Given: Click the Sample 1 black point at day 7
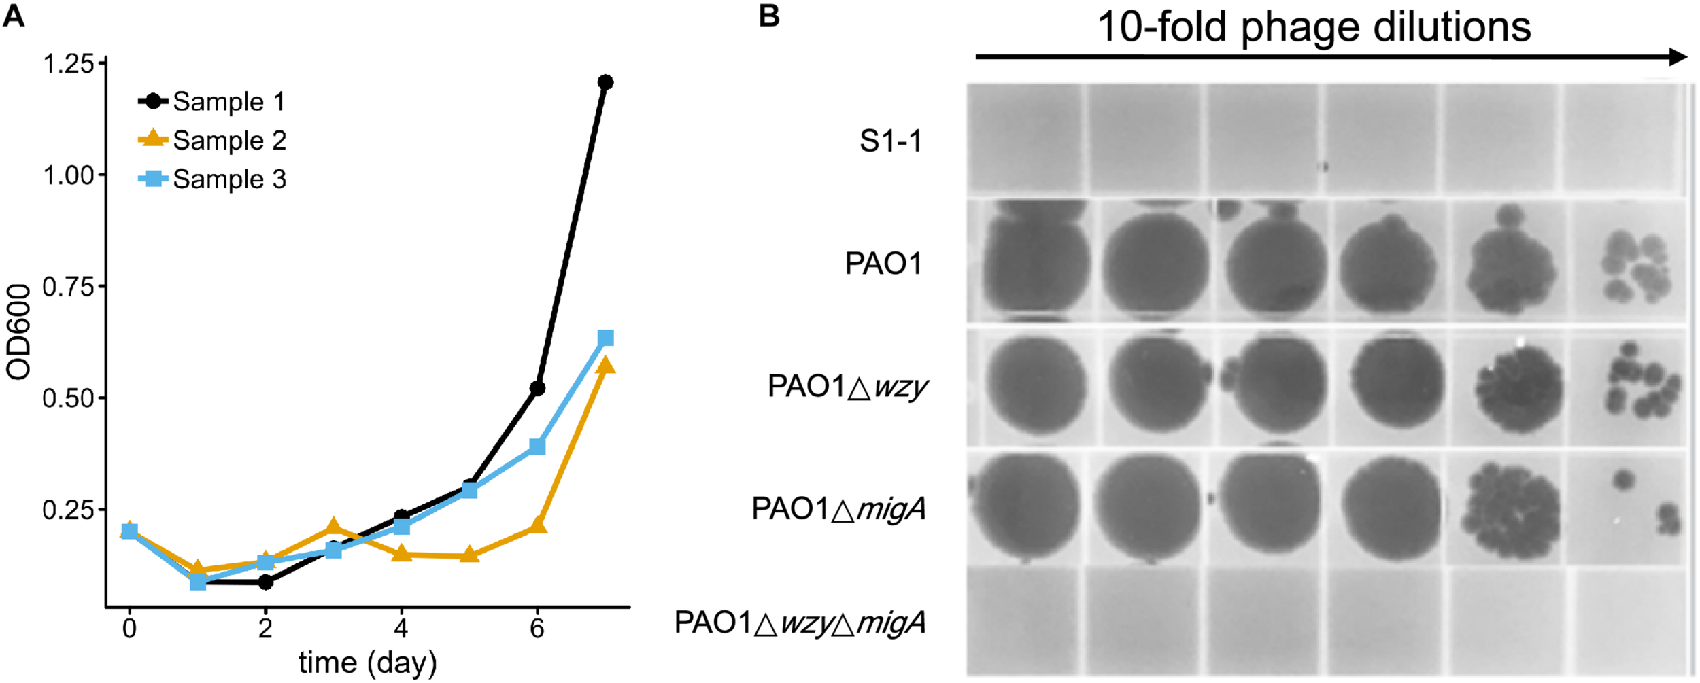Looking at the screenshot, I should (605, 82).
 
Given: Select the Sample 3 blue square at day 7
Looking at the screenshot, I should (605, 338).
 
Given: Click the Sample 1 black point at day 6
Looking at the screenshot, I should (537, 388).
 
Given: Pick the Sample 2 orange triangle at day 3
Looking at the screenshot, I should (333, 527).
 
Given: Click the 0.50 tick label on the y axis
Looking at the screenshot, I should (68, 398).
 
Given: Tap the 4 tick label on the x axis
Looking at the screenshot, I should (401, 629).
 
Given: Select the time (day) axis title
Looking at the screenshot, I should (367, 663).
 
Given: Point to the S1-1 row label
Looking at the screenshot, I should (891, 141).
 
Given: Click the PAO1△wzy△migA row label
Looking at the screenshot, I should (800, 623).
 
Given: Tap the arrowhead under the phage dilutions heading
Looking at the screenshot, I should (1678, 57).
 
